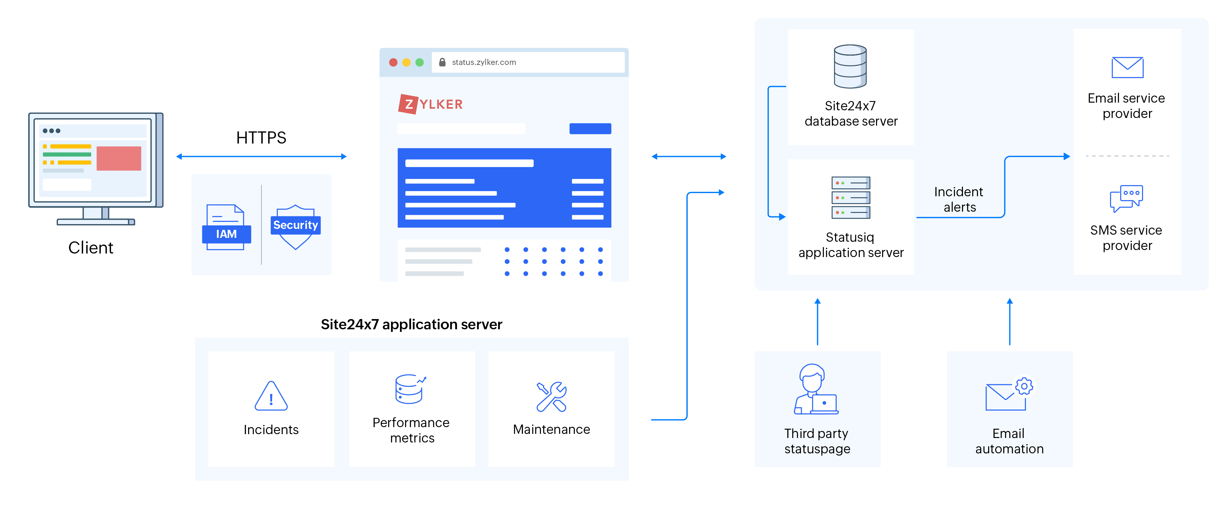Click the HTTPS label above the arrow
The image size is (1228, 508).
tap(261, 138)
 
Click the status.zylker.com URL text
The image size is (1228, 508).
tap(483, 62)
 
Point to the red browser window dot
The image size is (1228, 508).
tap(393, 62)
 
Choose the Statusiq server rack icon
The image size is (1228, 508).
tap(850, 197)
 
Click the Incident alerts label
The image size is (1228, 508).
tap(959, 199)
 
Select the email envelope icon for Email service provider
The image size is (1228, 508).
tap(1127, 68)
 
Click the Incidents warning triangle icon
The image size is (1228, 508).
tap(271, 396)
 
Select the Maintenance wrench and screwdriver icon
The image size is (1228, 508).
tap(551, 396)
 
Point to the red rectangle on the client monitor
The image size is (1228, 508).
tap(119, 158)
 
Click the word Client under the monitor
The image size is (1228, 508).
tap(90, 248)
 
